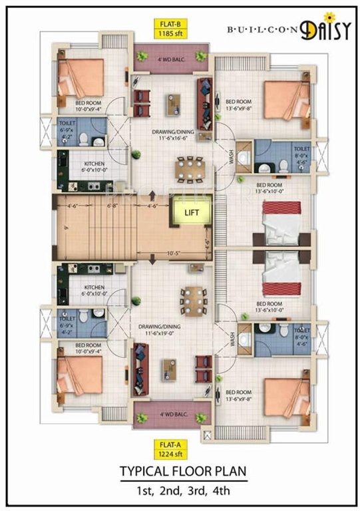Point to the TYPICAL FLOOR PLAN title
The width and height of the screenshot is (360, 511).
(x=182, y=472)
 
